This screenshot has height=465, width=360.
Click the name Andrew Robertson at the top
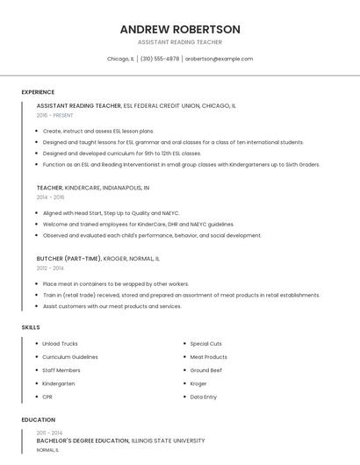coord(180,29)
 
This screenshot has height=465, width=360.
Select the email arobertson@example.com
coord(219,59)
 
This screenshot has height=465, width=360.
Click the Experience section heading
coord(38,92)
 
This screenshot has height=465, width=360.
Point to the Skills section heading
coord(31,327)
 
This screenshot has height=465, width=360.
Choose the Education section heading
coord(38,420)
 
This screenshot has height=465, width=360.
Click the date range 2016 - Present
coord(54,115)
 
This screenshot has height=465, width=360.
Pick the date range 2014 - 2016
coord(50,197)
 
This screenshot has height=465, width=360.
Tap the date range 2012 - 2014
coord(50,268)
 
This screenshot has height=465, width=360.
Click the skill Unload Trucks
coord(60,344)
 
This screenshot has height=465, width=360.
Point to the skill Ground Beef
coord(207,370)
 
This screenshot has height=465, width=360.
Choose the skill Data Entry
coord(204,397)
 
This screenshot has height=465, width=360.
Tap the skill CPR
coord(47,397)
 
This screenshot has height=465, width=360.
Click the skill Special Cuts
coord(206,344)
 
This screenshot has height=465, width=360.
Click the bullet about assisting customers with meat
coord(112,306)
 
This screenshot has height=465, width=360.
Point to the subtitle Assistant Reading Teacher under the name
coord(180,42)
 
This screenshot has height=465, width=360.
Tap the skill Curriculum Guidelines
coord(70,357)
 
